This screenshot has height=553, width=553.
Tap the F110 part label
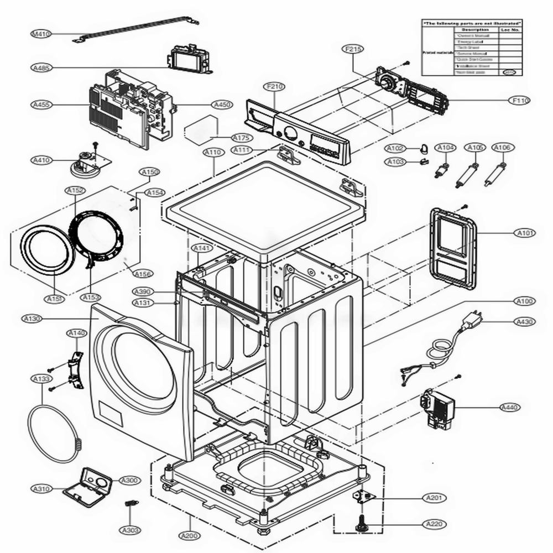pyautogui.click(x=520, y=101)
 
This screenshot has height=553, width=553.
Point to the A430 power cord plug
pyautogui.click(x=474, y=319)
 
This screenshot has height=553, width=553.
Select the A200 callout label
pyautogui.click(x=190, y=536)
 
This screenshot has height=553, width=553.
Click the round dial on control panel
pyautogui.click(x=290, y=133)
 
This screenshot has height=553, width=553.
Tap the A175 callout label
pyautogui.click(x=241, y=137)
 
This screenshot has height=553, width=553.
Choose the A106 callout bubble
pyautogui.click(x=502, y=148)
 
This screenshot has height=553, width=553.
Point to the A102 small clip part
pyautogui.click(x=424, y=148)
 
